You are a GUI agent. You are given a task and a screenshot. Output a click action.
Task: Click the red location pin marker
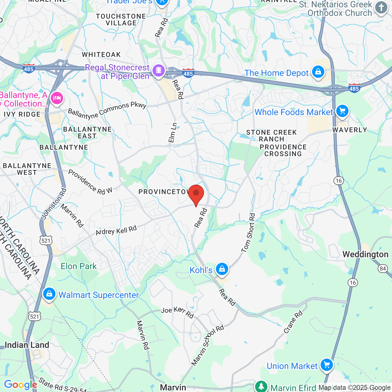(196, 194)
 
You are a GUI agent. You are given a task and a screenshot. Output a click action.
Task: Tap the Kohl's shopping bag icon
(222, 269)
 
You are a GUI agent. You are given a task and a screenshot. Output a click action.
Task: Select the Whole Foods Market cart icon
(342, 111)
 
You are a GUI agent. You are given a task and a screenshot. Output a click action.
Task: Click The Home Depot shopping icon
(318, 72)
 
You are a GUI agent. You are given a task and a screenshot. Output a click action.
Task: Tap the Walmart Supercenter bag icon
(49, 294)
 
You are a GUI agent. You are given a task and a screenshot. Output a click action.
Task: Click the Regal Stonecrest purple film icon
(158, 70)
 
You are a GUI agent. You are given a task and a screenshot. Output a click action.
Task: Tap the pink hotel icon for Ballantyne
(57, 98)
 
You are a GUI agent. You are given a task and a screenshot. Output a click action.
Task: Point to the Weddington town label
(365, 254)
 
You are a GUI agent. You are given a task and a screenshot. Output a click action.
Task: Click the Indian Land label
(27, 345)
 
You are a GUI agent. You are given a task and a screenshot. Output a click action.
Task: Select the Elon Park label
(79, 266)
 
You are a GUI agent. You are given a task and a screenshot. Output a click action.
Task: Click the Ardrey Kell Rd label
(116, 231)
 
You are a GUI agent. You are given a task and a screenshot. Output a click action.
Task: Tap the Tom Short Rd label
(248, 233)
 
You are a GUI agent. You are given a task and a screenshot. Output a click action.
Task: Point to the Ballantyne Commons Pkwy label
(107, 111)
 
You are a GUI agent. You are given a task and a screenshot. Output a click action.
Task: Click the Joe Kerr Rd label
(177, 312)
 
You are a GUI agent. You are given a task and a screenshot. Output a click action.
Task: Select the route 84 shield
(383, 269)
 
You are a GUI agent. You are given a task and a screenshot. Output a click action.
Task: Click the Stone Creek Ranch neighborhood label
(272, 136)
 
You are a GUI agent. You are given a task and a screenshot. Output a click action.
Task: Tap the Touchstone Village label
(121, 20)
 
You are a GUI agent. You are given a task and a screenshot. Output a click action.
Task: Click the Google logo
(21, 385)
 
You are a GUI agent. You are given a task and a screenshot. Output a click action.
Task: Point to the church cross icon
(381, 7)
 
